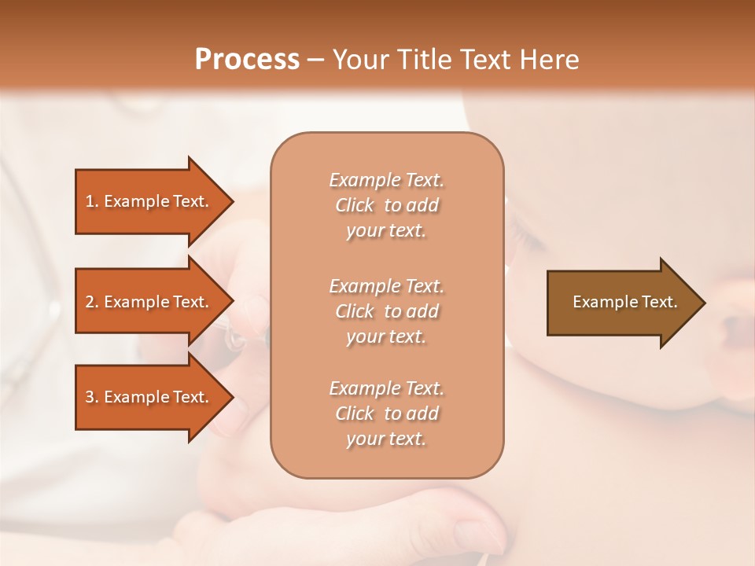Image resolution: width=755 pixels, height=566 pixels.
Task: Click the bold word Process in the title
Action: [247, 60]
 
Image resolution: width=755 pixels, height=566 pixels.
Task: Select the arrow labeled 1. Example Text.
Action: [149, 201]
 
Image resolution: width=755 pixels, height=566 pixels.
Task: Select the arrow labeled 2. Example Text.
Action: [149, 302]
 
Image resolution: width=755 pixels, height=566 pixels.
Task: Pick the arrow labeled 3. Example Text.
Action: [149, 397]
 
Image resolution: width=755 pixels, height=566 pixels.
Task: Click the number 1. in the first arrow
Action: [92, 201]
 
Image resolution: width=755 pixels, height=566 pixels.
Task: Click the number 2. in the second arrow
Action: [92, 302]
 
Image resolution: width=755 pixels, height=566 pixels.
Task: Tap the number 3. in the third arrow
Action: [92, 397]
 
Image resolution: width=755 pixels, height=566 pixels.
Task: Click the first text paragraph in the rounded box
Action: [386, 205]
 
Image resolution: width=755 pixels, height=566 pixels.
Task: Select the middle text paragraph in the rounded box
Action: [386, 311]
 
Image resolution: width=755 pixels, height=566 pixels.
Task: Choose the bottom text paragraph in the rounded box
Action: [386, 413]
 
